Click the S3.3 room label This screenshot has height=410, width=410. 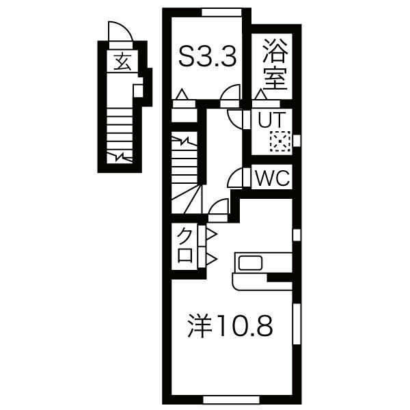pos(208,57)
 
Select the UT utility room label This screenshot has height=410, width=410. pos(270,120)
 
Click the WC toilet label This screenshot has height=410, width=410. pos(273,179)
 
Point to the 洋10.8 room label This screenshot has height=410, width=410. pos(230,327)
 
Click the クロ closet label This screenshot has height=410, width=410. pos(185,247)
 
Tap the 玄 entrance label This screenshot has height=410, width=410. pos(122,63)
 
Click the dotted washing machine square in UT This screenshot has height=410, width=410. pos(280,141)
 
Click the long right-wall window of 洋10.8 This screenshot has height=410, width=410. pos(296,327)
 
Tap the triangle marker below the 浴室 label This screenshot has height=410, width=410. pos(260,95)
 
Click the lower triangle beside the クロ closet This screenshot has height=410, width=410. pos(210,258)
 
